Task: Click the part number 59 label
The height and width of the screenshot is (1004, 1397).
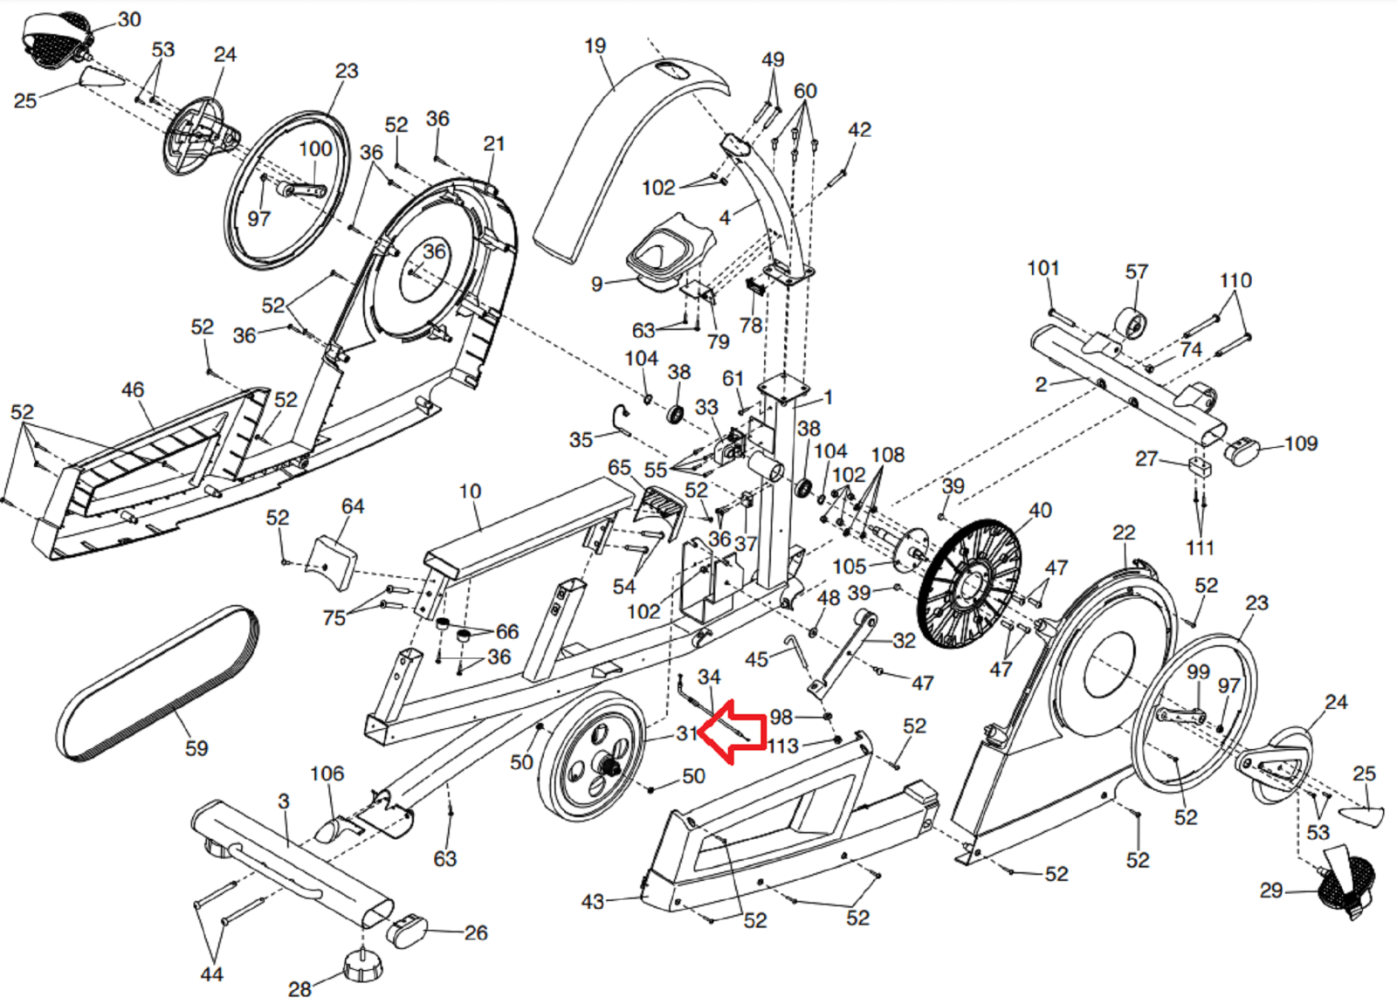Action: [196, 748]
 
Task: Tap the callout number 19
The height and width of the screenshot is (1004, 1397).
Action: [595, 45]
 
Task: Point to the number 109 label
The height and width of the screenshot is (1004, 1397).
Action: [1300, 444]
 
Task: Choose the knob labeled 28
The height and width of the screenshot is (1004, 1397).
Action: [361, 966]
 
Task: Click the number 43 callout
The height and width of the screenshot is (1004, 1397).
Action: [593, 901]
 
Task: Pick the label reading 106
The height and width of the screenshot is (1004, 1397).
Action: [327, 774]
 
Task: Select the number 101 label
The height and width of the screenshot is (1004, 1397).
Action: [1043, 268]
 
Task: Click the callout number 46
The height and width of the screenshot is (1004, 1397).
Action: [133, 389]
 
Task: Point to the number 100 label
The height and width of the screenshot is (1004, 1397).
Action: [314, 148]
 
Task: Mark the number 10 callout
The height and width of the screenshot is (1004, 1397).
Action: [470, 492]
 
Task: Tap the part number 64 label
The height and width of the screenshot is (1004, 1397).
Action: [353, 506]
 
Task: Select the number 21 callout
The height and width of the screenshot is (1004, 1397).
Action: [494, 143]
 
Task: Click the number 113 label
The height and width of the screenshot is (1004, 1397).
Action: [782, 746]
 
